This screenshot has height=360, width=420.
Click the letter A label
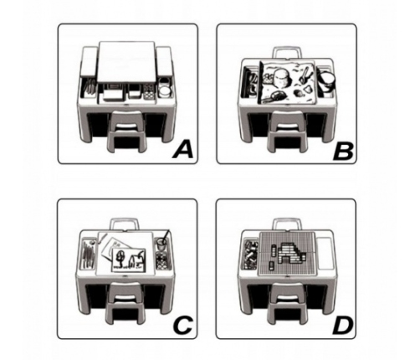tap(182, 151)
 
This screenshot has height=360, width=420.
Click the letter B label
tap(343, 152)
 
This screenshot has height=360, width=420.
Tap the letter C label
tap(182, 325)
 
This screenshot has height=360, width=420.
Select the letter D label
tap(343, 327)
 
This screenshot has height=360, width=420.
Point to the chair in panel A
tap(127, 131)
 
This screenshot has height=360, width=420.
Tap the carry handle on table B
tap(286, 53)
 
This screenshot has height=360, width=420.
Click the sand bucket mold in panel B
tap(283, 77)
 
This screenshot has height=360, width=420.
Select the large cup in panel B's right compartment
tap(328, 81)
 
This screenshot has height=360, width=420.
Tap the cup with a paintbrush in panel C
tap(162, 240)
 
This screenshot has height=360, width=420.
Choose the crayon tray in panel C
tap(89, 254)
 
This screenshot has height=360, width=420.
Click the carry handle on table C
tap(124, 224)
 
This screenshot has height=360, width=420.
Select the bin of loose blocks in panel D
tap(250, 255)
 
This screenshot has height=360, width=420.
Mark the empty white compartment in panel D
tap(325, 254)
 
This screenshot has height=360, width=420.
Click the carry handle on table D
tap(286, 224)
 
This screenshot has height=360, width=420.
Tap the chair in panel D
tap(288, 303)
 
